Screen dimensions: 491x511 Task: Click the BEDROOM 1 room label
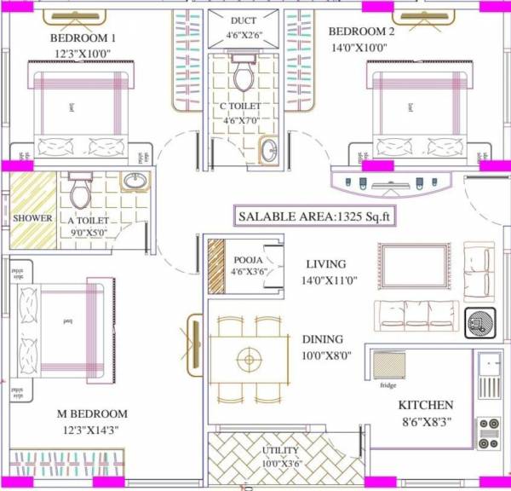tap(83, 38)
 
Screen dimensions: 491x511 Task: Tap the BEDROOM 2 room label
tap(362, 32)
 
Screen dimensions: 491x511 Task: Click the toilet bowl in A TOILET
tap(82, 194)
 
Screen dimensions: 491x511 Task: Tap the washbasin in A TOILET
tap(135, 182)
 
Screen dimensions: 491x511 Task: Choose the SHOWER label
tap(32, 218)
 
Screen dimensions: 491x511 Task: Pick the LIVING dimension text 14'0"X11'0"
tap(328, 280)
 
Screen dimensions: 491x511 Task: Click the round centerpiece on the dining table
tap(248, 358)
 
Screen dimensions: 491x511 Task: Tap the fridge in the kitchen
tap(388, 366)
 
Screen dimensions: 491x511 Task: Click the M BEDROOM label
tap(92, 414)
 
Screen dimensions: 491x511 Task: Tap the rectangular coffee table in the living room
tap(414, 267)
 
